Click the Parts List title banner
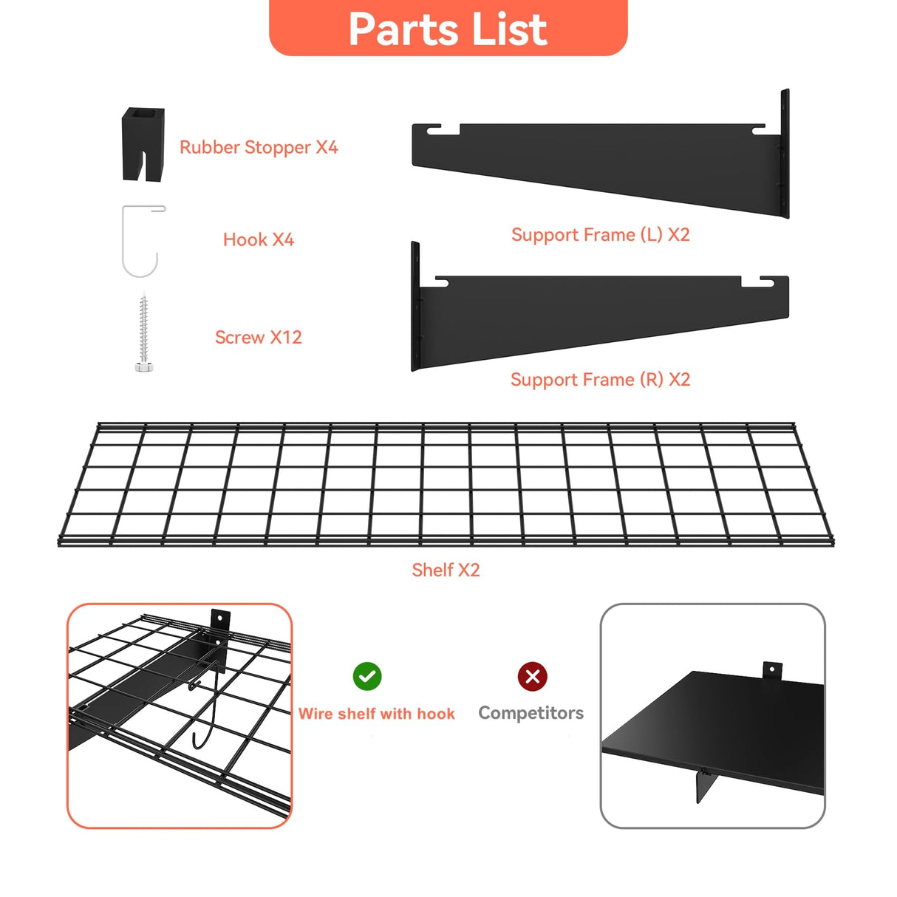click(448, 28)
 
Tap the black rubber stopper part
click(143, 143)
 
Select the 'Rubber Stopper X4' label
click(259, 147)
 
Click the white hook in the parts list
click(140, 241)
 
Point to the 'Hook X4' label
click(259, 239)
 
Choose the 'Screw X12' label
click(259, 337)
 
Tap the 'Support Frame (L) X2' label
click(600, 235)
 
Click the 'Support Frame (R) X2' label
click(600, 380)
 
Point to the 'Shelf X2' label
click(446, 570)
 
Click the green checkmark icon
click(367, 676)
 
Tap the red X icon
click(532, 676)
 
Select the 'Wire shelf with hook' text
click(376, 714)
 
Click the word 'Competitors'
click(531, 713)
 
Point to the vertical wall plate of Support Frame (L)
click(785, 154)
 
